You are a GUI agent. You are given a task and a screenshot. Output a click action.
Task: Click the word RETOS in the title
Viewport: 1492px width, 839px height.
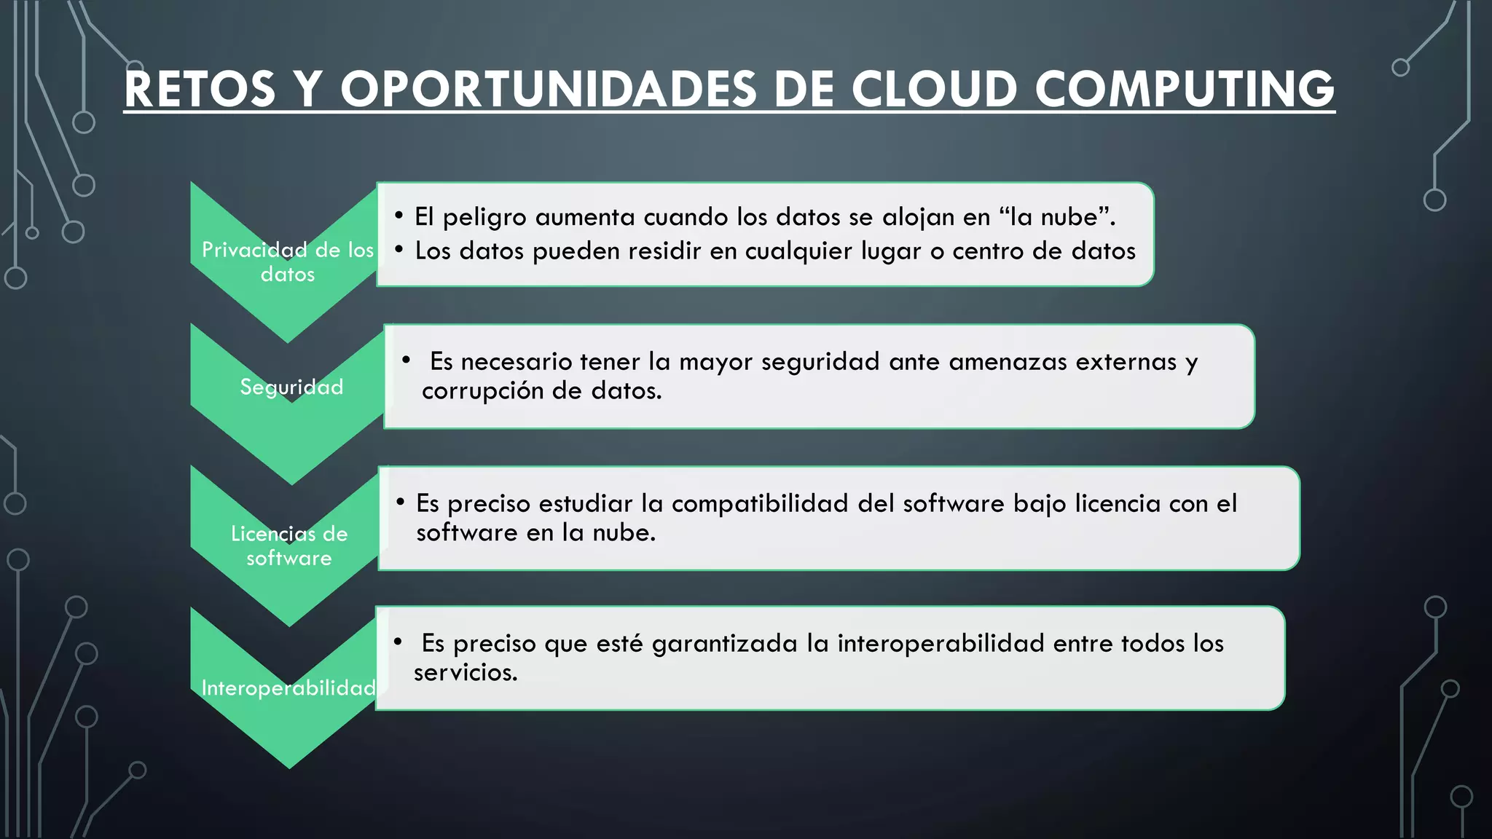click(x=200, y=90)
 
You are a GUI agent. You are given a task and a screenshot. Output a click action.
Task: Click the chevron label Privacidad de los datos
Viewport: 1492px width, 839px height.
click(x=288, y=261)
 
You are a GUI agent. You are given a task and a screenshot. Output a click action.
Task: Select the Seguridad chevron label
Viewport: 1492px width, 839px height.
click(x=291, y=387)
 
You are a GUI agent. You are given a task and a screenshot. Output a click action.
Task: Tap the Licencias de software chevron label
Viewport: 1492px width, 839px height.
click(x=289, y=545)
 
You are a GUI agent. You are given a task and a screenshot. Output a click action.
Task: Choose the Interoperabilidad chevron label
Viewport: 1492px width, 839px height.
click(x=288, y=688)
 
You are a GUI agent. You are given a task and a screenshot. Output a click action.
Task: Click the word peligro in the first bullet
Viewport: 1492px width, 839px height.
click(x=484, y=217)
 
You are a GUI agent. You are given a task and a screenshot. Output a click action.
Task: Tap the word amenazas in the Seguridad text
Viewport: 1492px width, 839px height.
click(x=1008, y=362)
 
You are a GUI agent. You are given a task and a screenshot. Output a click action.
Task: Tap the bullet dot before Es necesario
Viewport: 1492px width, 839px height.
click(x=407, y=360)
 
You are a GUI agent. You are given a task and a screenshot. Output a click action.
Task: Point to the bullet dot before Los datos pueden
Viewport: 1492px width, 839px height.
click(x=398, y=250)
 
